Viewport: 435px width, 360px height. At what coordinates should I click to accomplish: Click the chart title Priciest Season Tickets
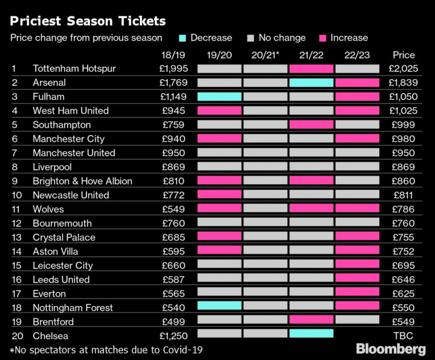[88, 21]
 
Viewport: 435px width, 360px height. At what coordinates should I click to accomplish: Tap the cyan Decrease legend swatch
[183, 38]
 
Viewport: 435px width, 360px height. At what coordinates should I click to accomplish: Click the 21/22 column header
[311, 55]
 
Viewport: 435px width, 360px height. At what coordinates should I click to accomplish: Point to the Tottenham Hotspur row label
[74, 69]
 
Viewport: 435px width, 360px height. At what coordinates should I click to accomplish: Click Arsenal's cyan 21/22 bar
[311, 83]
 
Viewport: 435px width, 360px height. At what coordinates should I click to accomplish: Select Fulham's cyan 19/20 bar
[219, 97]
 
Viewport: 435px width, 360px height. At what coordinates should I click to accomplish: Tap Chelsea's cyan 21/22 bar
[311, 334]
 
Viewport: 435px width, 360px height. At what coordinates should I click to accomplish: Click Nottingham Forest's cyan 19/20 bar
[219, 305]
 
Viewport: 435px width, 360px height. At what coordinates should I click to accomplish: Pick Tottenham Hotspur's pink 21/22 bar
[311, 69]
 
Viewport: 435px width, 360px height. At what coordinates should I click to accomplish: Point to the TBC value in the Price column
[403, 336]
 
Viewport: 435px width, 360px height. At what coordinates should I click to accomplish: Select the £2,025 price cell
[403, 69]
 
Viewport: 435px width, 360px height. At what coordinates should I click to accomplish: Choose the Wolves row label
[48, 209]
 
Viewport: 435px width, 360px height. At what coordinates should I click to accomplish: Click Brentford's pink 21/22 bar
[311, 319]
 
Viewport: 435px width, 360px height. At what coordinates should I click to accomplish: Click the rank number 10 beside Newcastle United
[15, 195]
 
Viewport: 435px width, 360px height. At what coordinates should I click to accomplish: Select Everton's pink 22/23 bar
[357, 291]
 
